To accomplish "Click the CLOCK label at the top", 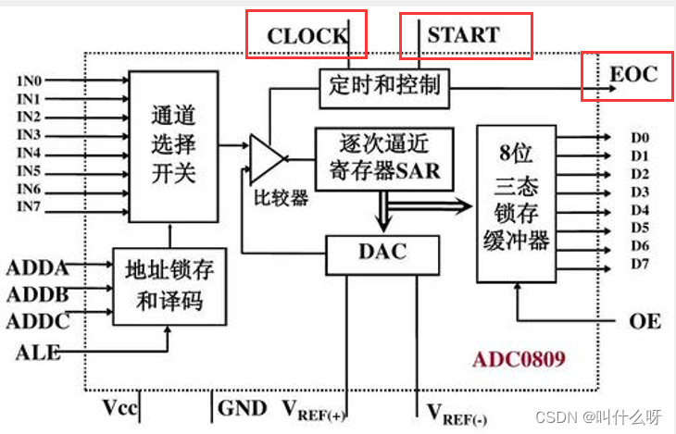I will coord(307,37).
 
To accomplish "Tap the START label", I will coord(463,35).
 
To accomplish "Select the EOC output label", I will coord(633,73).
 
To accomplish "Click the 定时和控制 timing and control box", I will coord(384,87).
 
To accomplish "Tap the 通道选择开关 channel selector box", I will coord(174,144).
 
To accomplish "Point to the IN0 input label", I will coord(31,81).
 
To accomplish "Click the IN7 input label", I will coord(30,205).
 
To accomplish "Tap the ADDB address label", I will coord(37,295).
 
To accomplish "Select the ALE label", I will coord(36,352).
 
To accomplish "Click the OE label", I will coord(645,320).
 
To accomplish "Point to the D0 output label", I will coord(640,138).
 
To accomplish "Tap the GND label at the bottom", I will coord(242,407).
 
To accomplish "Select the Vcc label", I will coord(122,407).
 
